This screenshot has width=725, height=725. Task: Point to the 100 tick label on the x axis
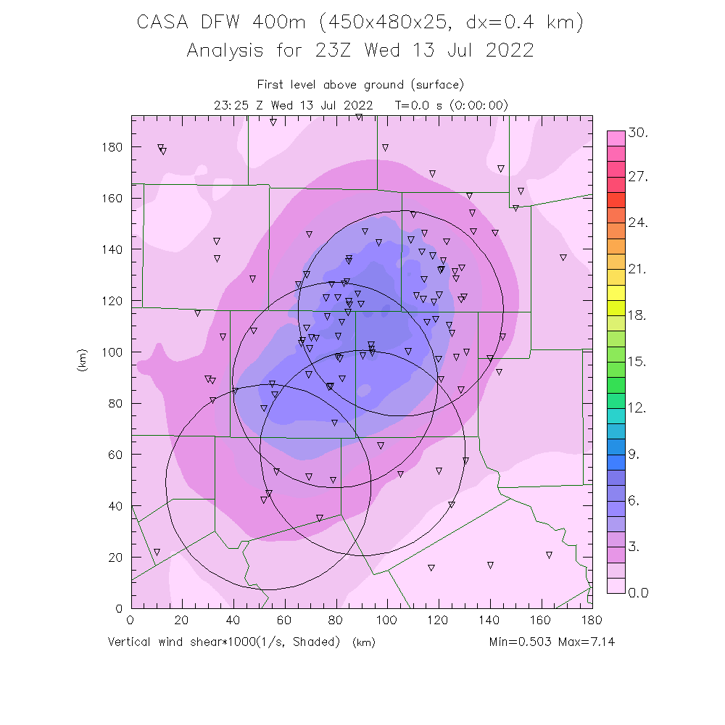pos(386,621)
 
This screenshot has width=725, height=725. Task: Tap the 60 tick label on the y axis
pos(114,455)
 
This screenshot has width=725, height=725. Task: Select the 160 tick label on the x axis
pos(541,621)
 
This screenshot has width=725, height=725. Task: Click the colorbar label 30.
pos(638,133)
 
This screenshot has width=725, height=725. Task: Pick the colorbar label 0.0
pos(638,593)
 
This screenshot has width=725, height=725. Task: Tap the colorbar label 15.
pos(638,362)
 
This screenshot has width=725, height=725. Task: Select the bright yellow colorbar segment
pos(616,292)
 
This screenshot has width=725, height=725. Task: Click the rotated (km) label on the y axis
pos(81,361)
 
